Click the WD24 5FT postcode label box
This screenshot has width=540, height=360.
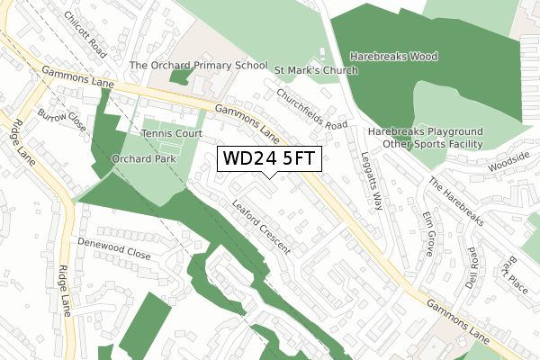tap(268, 158)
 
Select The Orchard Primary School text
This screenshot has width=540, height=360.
tap(199, 66)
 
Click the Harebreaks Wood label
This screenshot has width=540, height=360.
tap(394, 57)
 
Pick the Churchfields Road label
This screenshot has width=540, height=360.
tap(311, 109)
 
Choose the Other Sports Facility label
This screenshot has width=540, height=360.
tap(433, 144)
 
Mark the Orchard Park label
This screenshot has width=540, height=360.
tap(142, 158)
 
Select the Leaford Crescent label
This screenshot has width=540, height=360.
tap(260, 225)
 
